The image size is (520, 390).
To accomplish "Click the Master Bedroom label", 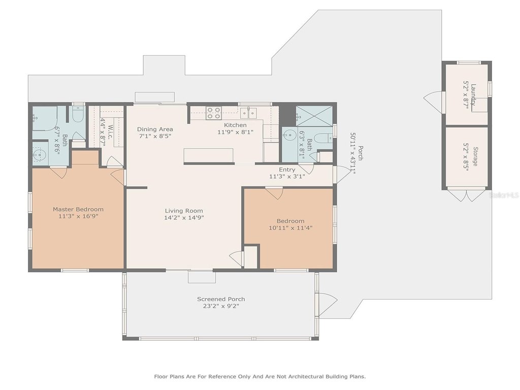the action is pos(78,209).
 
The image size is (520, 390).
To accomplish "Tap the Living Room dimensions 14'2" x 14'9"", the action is pos(184,217).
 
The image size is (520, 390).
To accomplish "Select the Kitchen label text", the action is pos(235,125).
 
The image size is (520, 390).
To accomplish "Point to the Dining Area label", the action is pos(155,129).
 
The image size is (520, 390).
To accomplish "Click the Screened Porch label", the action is pos(221,299).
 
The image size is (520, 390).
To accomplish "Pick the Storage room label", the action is pos(475,156).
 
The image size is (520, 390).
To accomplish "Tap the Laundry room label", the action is pos(473,95).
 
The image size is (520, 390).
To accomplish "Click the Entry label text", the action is pos(287,170).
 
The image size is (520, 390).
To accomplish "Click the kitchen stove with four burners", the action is pos(214,113).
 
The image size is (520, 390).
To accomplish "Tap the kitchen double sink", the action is pos(249,113).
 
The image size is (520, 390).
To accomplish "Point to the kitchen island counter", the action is pos(209,155).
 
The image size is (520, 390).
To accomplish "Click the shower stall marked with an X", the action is pos(314,116).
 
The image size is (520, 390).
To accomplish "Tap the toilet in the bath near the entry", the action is pos(323,138).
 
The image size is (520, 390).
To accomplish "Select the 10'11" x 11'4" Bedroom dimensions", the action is pos(290,228).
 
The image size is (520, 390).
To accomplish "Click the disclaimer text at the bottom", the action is pos(260,376).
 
